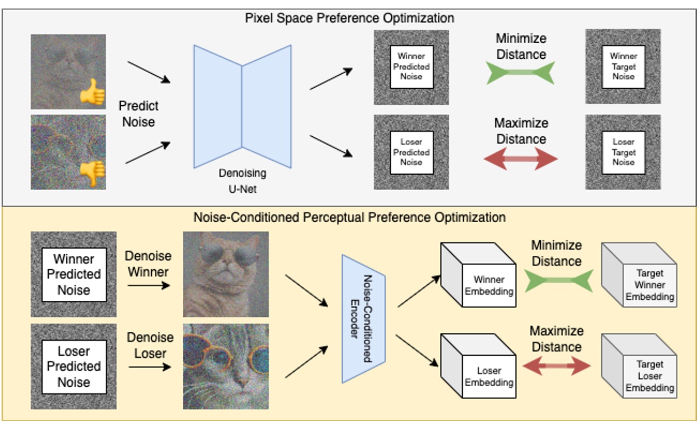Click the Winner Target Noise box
(x=623, y=67)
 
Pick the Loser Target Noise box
(x=623, y=152)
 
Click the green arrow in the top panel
(x=521, y=73)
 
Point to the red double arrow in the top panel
(x=521, y=159)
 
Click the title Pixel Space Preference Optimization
(x=349, y=18)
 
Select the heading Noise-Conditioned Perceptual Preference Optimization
(x=349, y=217)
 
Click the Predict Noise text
(x=138, y=114)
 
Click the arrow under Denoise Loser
(x=149, y=368)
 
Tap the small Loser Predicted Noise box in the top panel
(x=411, y=152)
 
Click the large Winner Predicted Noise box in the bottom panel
(x=74, y=275)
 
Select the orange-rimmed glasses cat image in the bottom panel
(x=226, y=366)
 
